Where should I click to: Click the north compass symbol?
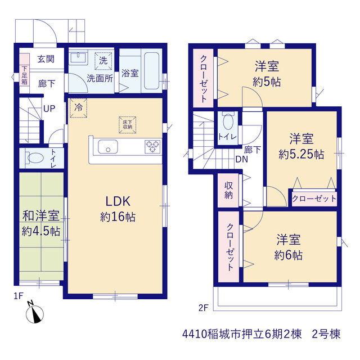[x=35, y=313]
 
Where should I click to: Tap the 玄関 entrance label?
[x=46, y=59]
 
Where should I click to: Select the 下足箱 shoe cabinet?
[x=24, y=70]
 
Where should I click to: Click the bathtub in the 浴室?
[x=151, y=71]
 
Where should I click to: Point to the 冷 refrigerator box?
[x=78, y=108]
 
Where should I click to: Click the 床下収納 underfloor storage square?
[x=128, y=125]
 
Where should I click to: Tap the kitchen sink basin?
[x=108, y=147]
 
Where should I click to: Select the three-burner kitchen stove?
[x=152, y=146]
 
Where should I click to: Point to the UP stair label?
[x=49, y=109]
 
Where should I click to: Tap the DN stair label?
[x=242, y=159]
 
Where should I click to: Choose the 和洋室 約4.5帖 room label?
[x=41, y=223]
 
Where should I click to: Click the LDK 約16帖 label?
[x=118, y=209]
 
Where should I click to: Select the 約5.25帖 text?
[x=301, y=154]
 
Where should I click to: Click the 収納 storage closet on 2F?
[x=228, y=190]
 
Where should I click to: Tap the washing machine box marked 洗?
[x=103, y=61]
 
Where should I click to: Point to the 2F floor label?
[x=203, y=308]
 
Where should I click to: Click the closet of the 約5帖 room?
[x=204, y=78]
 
